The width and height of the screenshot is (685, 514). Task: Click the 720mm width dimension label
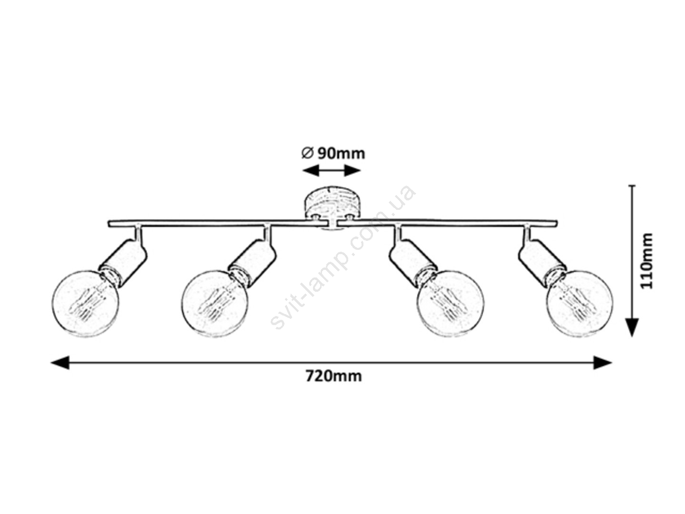pyautogui.click(x=333, y=376)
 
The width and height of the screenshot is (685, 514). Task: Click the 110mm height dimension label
pyautogui.click(x=646, y=261)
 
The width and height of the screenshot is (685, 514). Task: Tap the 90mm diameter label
pyautogui.click(x=341, y=154)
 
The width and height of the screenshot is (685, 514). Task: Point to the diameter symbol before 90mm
pyautogui.click(x=308, y=153)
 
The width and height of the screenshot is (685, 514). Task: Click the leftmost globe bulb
pyautogui.click(x=86, y=303)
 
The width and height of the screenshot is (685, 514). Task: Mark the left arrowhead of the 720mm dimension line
pyautogui.click(x=60, y=362)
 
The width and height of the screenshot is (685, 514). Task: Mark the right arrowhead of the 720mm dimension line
pyautogui.click(x=602, y=362)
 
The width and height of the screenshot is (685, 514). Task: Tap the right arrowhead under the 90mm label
pyautogui.click(x=352, y=171)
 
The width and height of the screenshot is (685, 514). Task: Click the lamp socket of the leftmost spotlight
pyautogui.click(x=123, y=261)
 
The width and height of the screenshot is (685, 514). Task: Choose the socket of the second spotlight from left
pyautogui.click(x=253, y=261)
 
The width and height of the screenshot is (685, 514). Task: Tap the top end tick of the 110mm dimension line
pyautogui.click(x=632, y=186)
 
